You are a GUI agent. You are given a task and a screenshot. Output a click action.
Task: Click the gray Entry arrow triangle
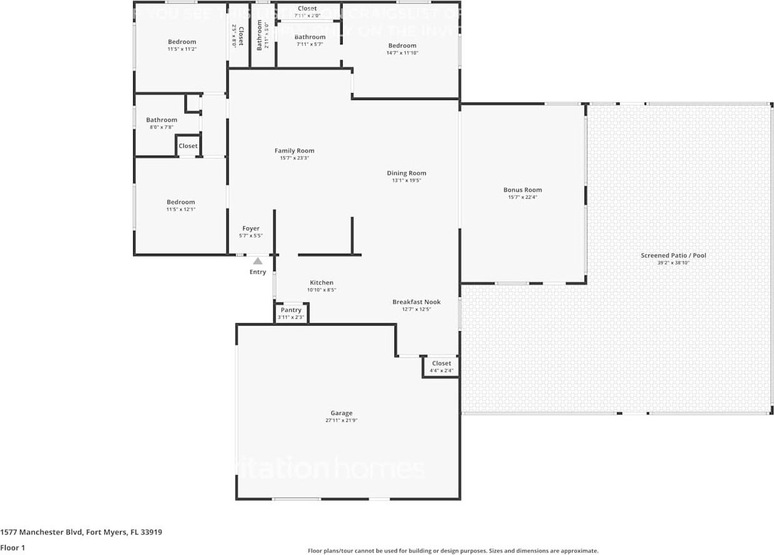tap(258, 261)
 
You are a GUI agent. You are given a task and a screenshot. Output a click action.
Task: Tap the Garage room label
tap(341, 413)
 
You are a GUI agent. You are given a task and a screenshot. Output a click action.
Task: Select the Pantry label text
tap(291, 310)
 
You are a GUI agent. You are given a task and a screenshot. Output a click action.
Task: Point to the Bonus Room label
tap(523, 190)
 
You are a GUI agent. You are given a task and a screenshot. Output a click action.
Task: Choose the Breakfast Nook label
tap(416, 302)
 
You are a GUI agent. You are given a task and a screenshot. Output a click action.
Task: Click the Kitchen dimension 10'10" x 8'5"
tap(322, 290)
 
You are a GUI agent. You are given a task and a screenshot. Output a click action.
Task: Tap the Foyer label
tap(251, 229)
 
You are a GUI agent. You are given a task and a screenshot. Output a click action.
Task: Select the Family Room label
tap(294, 151)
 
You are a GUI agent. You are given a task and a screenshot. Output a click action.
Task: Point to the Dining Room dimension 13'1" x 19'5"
tap(406, 181)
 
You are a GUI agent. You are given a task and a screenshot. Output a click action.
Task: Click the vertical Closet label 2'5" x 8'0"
tap(238, 36)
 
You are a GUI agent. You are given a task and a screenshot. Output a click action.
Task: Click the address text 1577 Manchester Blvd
tap(41, 532)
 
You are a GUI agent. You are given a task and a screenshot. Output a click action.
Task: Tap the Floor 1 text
tap(13, 548)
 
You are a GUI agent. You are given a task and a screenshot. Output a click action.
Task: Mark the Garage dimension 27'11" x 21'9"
tap(341, 421)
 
